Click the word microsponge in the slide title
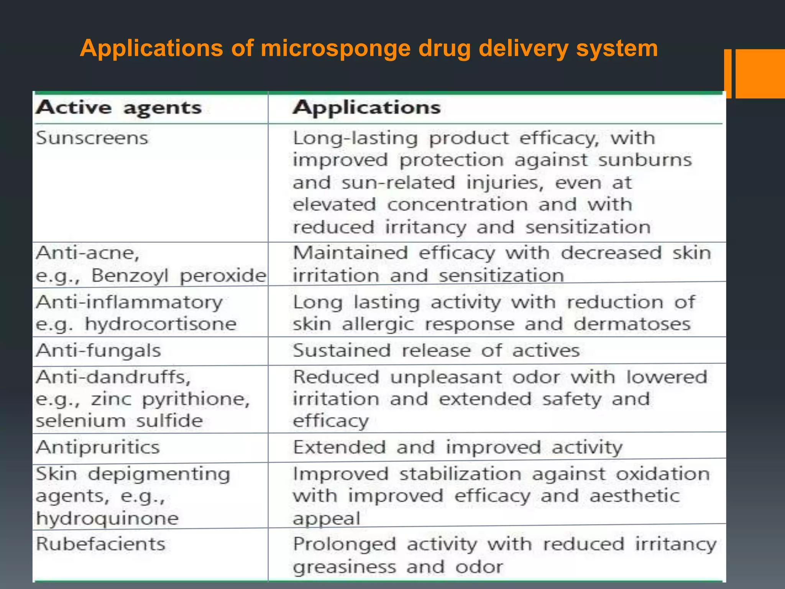(x=335, y=49)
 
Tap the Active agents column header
(x=118, y=108)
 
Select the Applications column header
(x=366, y=107)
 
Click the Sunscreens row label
(x=92, y=138)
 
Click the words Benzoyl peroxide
(x=179, y=275)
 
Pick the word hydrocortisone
(x=161, y=324)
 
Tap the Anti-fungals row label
(x=99, y=350)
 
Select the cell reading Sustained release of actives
(x=436, y=350)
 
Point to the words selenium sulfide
(x=119, y=421)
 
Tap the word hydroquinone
(x=107, y=518)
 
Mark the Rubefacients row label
(x=100, y=544)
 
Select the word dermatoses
(x=632, y=324)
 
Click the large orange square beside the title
(x=760, y=74)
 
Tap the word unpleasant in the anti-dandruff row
(x=446, y=377)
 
